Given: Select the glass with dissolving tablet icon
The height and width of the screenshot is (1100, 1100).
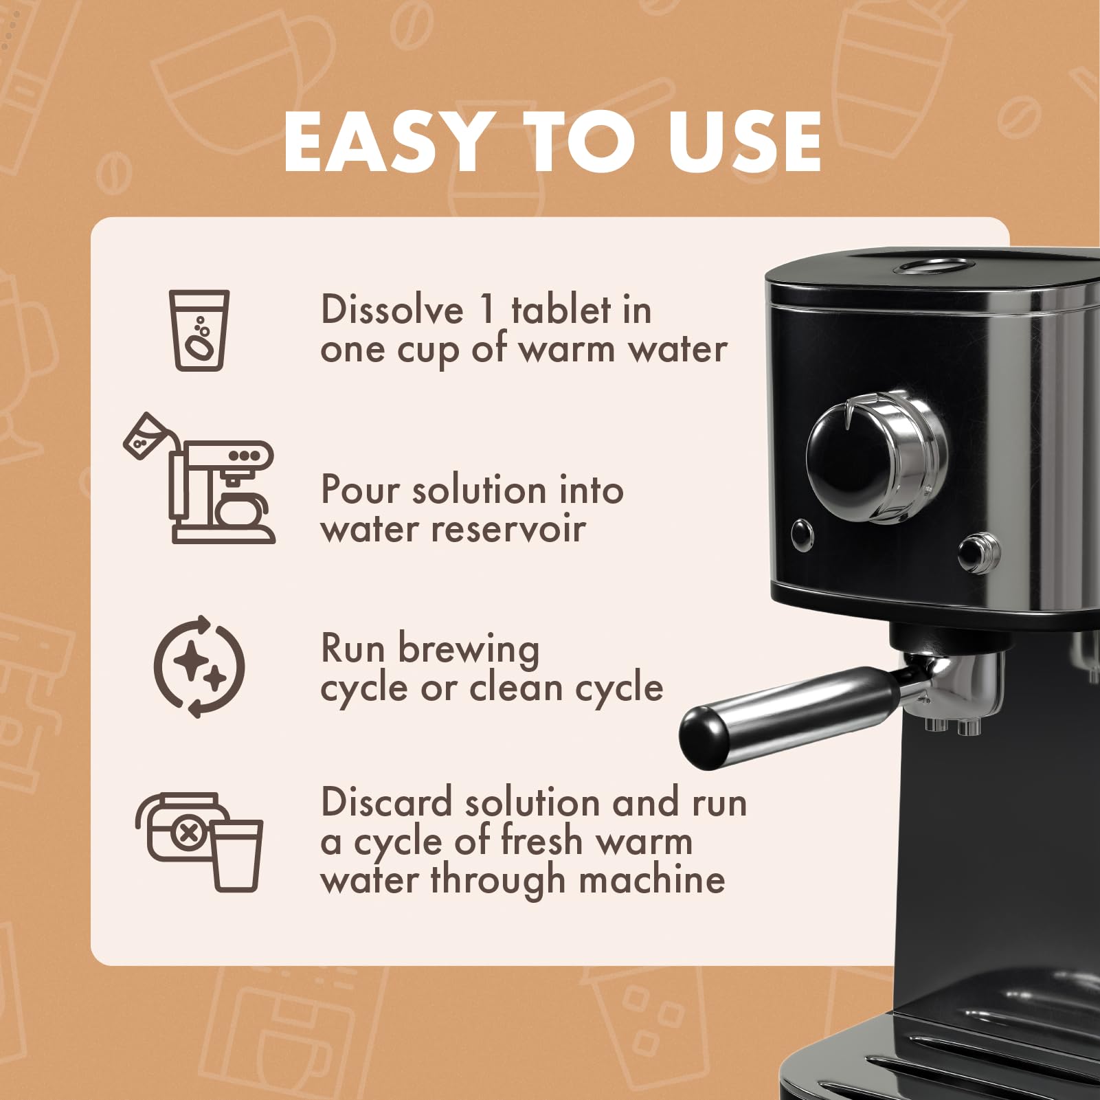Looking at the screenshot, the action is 199,330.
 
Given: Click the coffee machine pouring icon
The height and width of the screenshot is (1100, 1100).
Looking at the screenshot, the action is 200,478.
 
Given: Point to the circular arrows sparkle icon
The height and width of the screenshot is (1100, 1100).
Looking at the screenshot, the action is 199,666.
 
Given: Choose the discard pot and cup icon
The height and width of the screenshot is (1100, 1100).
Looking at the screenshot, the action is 199,843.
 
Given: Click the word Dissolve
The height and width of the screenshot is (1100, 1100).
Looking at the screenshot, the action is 392,310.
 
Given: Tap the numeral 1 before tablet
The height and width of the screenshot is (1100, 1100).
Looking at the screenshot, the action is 487,310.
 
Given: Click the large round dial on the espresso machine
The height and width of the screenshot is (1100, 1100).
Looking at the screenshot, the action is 876,457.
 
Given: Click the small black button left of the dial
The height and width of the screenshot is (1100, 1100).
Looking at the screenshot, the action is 802,535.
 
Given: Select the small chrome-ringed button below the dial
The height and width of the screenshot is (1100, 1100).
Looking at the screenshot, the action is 979,553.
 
